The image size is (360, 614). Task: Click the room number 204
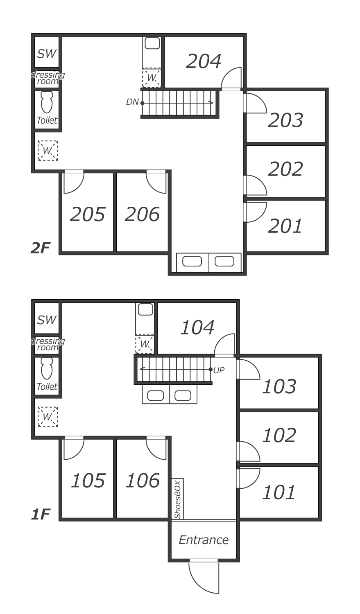point(204,61)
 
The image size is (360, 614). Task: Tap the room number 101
point(279,492)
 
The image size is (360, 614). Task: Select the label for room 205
point(88,214)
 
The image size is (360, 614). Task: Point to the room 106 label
point(143,481)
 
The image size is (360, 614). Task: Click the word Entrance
point(204,540)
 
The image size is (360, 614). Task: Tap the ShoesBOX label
point(178,499)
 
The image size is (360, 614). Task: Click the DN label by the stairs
point(132,102)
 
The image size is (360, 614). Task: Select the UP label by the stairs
point(219,370)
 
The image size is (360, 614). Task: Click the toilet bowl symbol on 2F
point(47,102)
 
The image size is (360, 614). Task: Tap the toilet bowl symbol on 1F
point(47,368)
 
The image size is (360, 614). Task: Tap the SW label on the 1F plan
point(47,320)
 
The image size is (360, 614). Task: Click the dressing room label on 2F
point(48,78)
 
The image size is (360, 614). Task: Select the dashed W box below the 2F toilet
point(48,151)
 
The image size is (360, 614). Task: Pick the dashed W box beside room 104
point(145,344)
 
